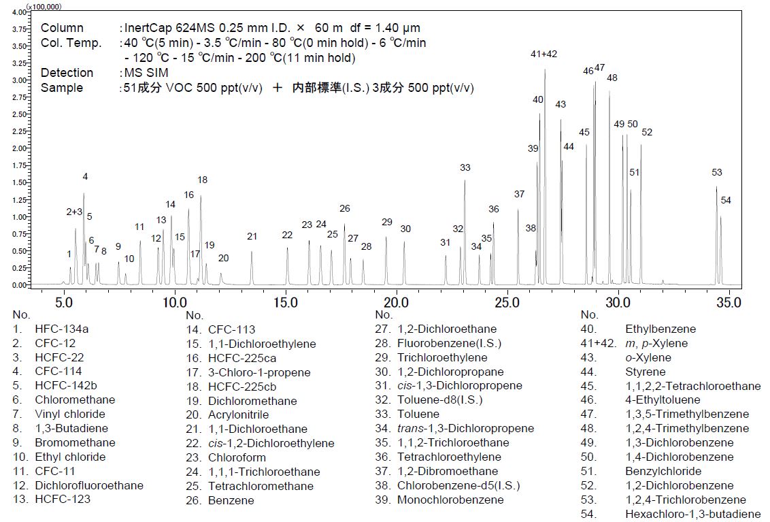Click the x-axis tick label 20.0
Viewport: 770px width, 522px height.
point(396,301)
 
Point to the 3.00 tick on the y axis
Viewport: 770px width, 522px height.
point(19,80)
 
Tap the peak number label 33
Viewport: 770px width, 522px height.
point(465,167)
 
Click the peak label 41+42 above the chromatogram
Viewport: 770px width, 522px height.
point(543,54)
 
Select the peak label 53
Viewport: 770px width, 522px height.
point(717,173)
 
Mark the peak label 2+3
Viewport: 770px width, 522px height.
point(74,212)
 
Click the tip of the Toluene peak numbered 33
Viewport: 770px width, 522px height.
point(465,180)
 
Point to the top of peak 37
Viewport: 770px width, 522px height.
point(518,210)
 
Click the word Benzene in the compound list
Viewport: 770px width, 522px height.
point(231,500)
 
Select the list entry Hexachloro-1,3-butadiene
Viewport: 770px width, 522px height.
point(693,515)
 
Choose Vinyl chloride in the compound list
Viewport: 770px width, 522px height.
point(70,414)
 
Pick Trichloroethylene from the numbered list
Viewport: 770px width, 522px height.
point(442,358)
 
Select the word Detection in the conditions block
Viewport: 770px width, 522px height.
point(67,73)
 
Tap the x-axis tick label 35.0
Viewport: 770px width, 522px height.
point(729,301)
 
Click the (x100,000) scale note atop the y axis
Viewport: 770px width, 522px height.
point(44,6)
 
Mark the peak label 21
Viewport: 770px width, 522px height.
point(252,236)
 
